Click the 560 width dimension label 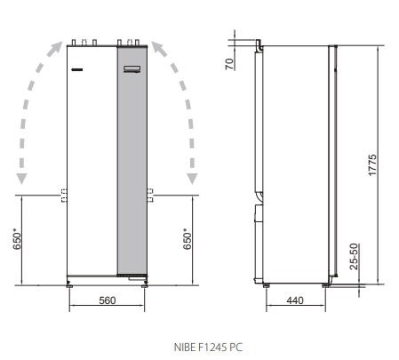(107, 300)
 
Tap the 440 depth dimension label (295, 300)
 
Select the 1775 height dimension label (372, 165)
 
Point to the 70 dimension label (229, 64)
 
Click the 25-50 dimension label (354, 257)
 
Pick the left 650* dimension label (17, 239)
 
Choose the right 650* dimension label (187, 239)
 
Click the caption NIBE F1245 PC (208, 347)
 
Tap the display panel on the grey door (132, 69)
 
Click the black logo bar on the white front (76, 70)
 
